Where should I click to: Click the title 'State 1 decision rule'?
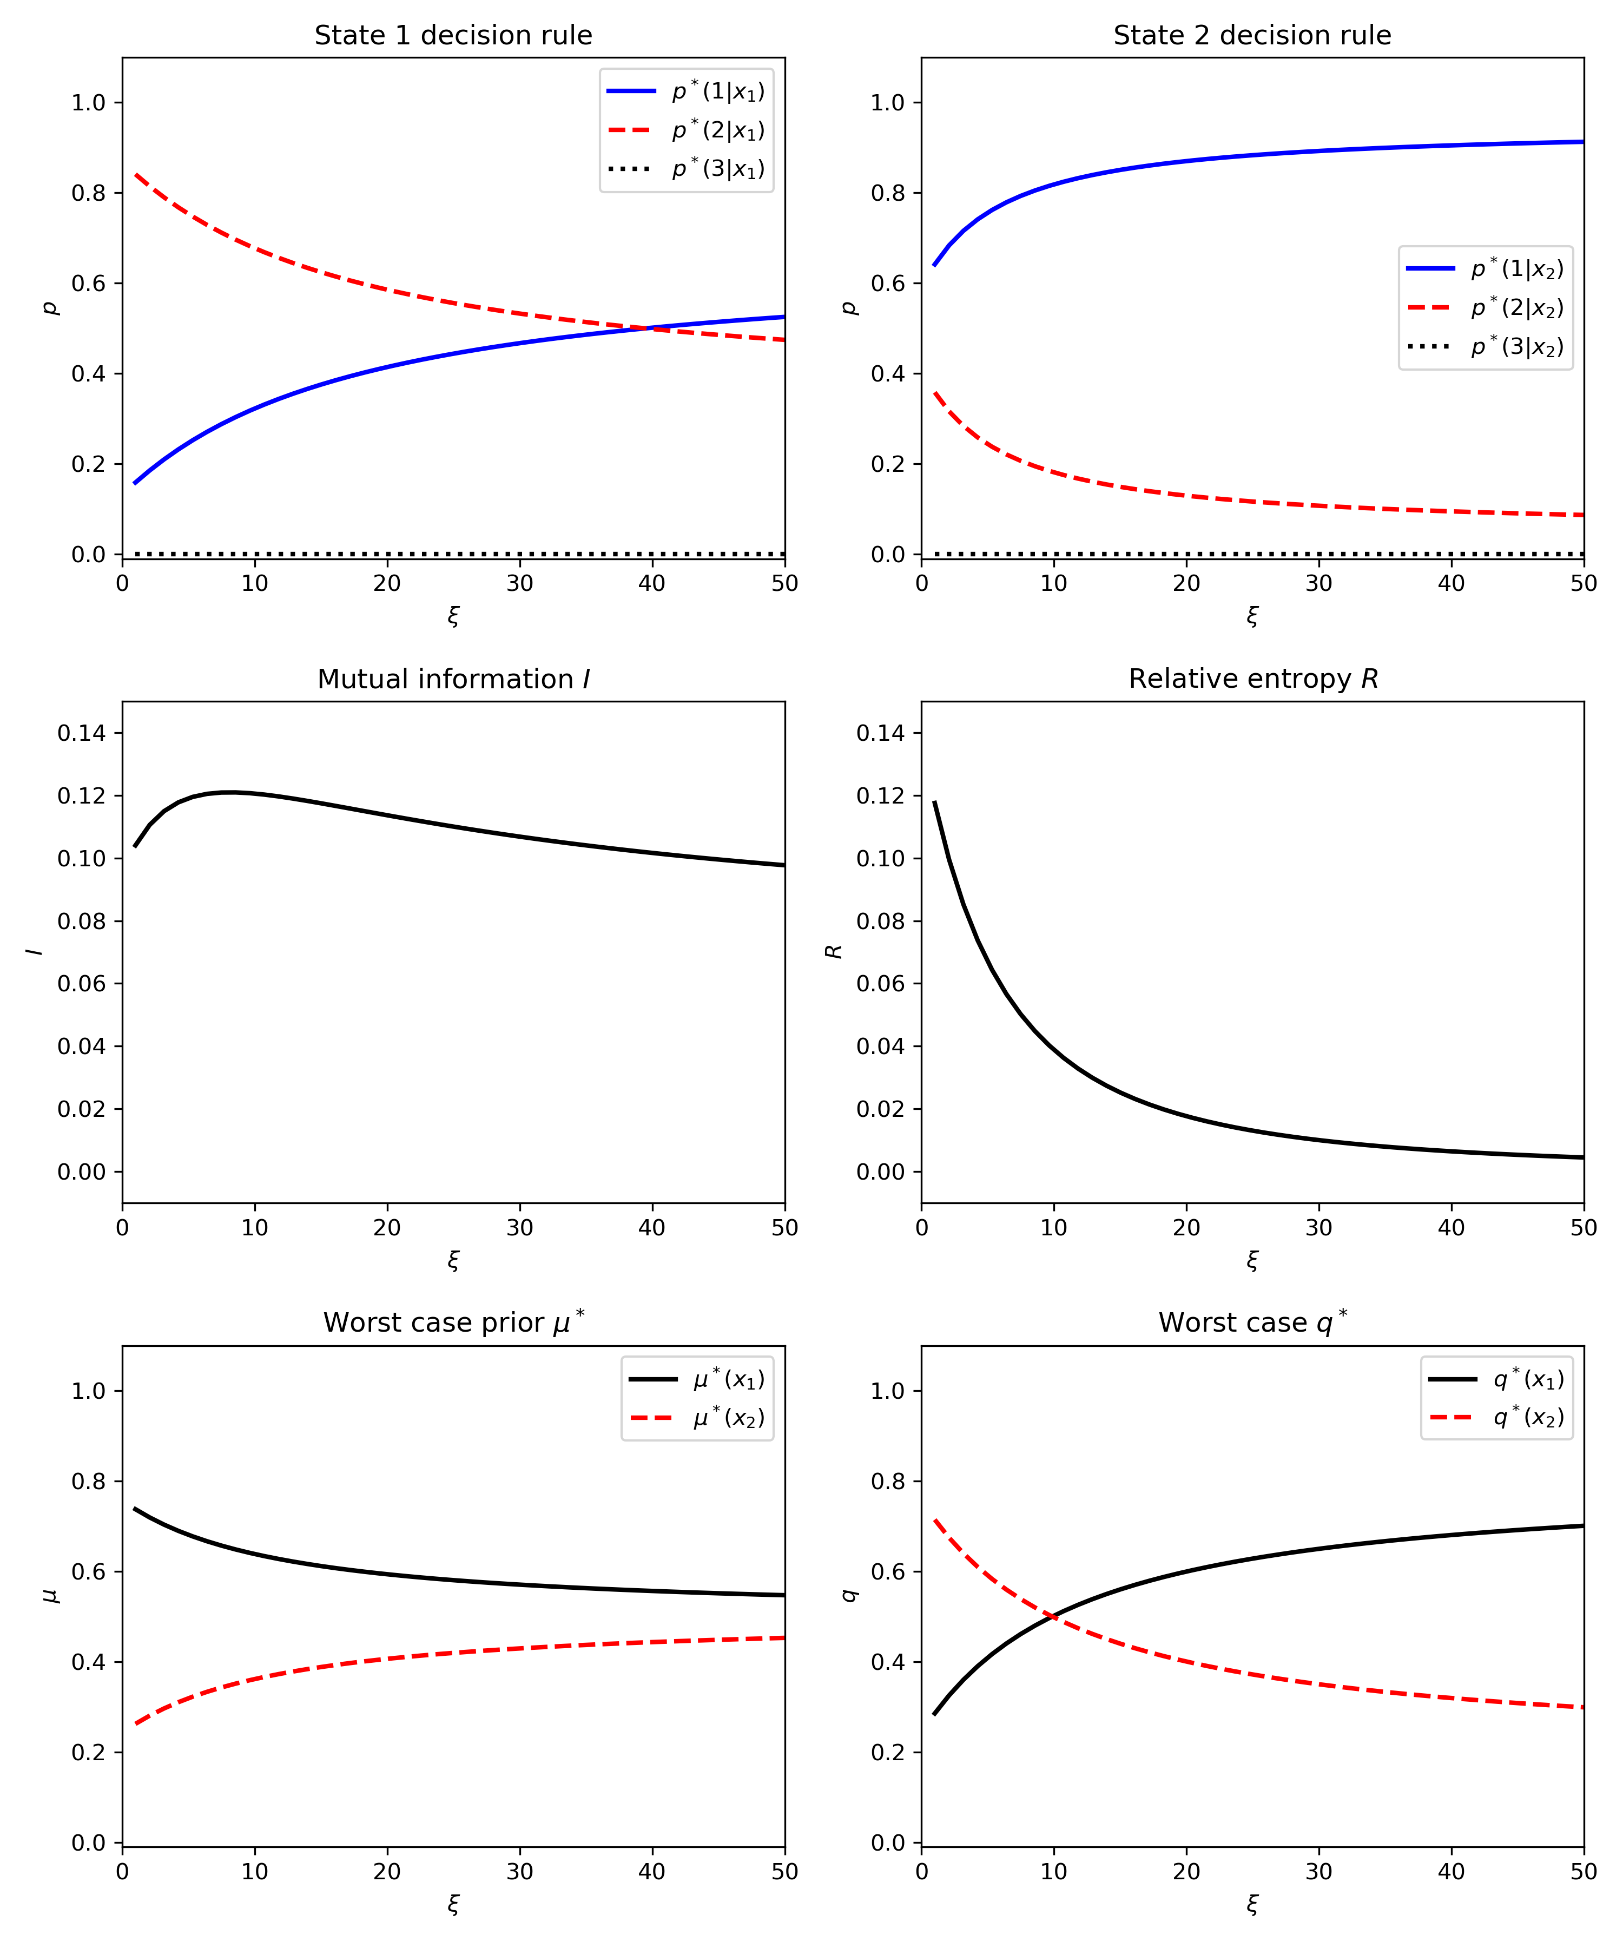point(453,35)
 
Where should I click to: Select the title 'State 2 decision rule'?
point(1252,35)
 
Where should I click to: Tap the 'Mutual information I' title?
point(453,679)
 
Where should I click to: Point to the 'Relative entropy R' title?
point(1252,679)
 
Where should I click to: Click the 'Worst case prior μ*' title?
point(453,1322)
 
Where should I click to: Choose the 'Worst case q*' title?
point(1252,1322)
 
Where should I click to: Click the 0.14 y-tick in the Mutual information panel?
point(82,733)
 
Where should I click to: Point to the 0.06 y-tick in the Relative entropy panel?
point(881,983)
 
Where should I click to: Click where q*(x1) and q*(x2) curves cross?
point(1053,1617)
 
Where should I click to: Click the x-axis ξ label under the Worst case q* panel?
point(1252,1904)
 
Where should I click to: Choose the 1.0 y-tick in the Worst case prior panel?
point(89,1391)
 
